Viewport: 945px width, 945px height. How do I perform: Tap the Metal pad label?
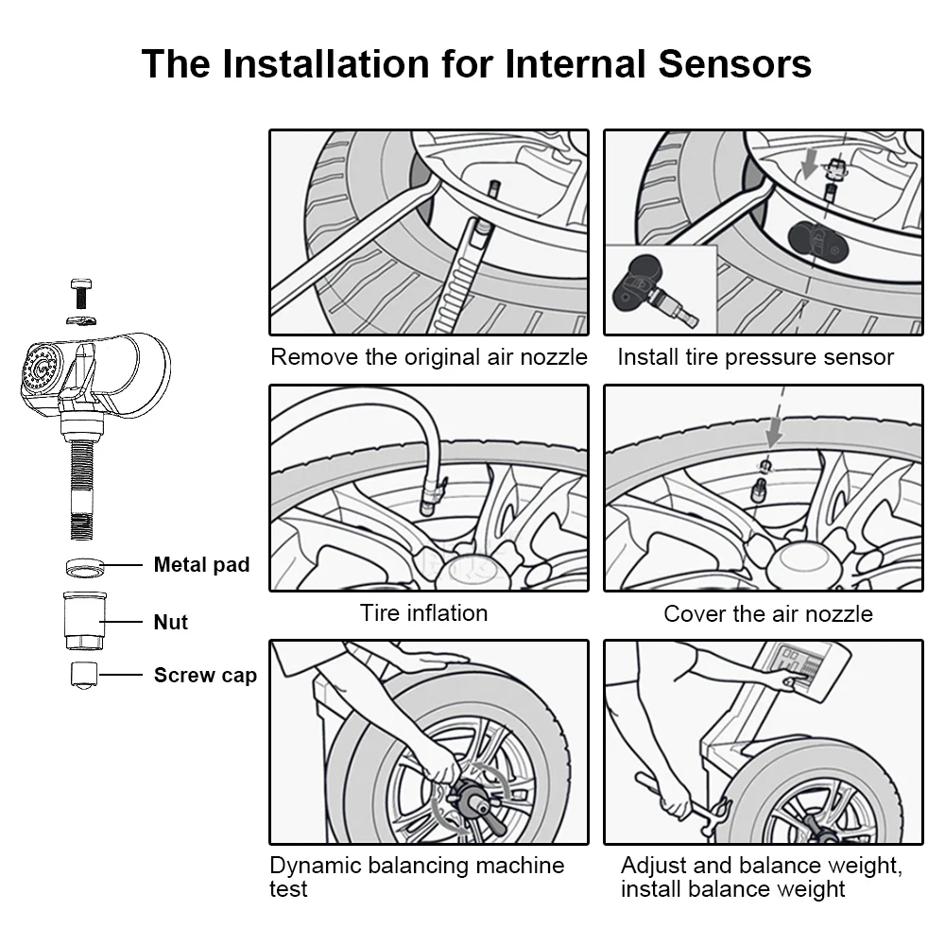tap(201, 565)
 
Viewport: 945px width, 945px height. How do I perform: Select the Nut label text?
tap(171, 622)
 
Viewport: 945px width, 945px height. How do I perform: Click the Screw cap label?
tap(205, 675)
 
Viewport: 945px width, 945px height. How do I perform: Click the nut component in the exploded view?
tap(85, 620)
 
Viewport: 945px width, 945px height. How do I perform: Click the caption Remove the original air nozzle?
tap(428, 357)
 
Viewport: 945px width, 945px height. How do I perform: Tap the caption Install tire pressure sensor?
tap(755, 357)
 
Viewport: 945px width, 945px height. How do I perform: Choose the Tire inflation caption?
tap(423, 612)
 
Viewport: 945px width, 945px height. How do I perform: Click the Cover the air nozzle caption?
tap(767, 613)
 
